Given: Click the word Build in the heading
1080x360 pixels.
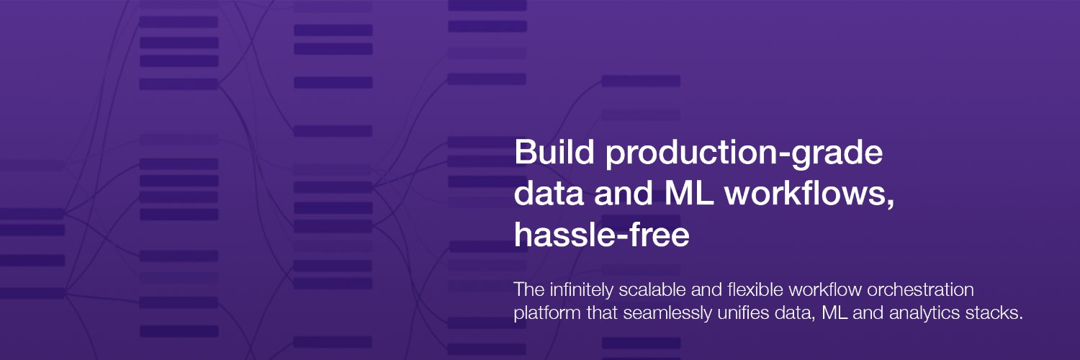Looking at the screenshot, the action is point(554,152).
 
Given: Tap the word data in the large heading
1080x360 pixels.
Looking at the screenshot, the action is point(549,193).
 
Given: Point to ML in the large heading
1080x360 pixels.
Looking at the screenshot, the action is point(688,193).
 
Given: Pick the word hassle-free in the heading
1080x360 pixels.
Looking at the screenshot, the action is point(602,234).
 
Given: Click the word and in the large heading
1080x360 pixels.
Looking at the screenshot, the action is point(624,193).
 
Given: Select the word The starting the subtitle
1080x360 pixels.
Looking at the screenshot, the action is point(529,289).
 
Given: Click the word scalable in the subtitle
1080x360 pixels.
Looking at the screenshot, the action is point(652,289).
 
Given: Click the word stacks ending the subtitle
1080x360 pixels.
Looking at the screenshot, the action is point(994,312).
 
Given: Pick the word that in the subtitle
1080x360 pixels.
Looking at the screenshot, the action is point(602,312).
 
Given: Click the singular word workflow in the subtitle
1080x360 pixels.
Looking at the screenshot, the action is point(825,289).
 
